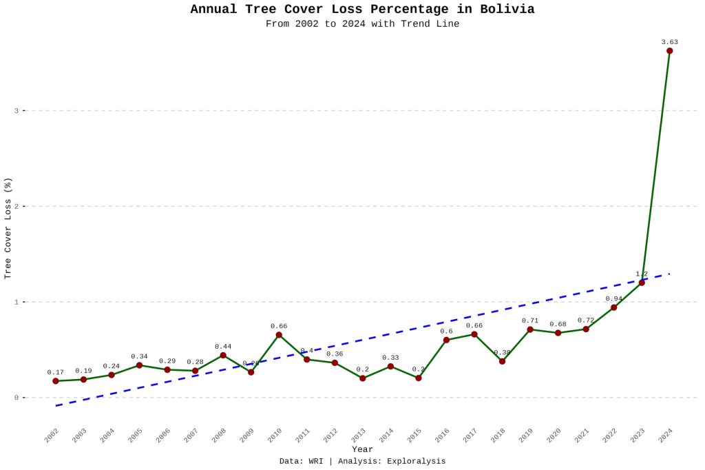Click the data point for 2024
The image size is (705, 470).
[x=669, y=51]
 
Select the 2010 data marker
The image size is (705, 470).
[x=279, y=335]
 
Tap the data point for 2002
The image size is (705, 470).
[x=56, y=381]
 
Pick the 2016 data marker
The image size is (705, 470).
[x=446, y=340]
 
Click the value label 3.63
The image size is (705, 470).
[x=669, y=42]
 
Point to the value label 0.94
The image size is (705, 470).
[x=613, y=298]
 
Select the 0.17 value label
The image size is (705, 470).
[x=56, y=372]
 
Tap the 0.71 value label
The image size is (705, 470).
[x=530, y=320]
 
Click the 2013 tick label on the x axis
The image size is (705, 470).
[x=359, y=436]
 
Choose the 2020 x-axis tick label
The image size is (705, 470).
[x=554, y=436]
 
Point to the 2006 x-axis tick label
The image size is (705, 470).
[x=163, y=436]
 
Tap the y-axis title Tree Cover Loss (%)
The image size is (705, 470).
[x=8, y=228]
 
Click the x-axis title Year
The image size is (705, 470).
[x=362, y=449]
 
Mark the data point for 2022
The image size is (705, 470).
[x=613, y=307]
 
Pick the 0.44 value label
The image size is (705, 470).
[x=223, y=346]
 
